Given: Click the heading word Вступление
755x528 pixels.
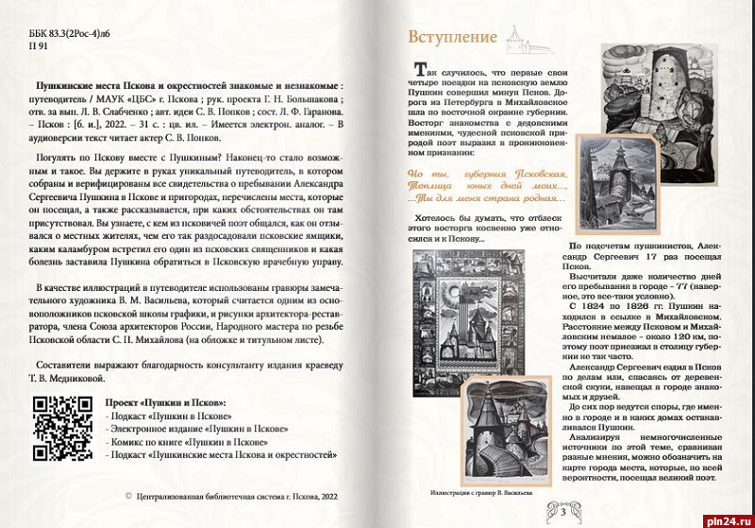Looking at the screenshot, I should click(452, 38).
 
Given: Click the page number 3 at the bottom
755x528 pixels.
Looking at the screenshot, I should click(562, 513).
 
